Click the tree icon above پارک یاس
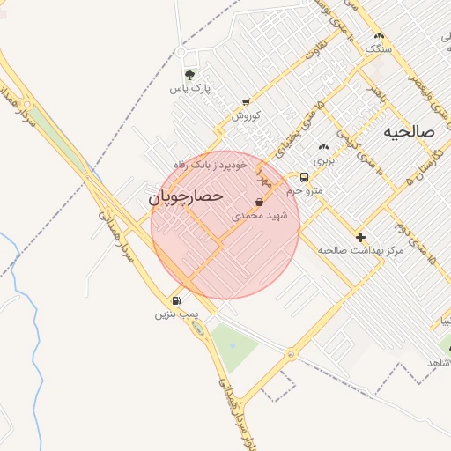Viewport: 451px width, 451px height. [x=191, y=74]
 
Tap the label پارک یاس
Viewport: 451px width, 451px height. [x=191, y=88]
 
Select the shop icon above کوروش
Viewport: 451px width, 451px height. [x=245, y=102]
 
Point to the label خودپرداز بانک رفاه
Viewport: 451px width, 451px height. [x=216, y=165]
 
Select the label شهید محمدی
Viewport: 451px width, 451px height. [x=261, y=215]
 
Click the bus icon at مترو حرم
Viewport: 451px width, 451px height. [x=305, y=177]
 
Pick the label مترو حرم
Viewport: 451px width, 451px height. [x=306, y=190]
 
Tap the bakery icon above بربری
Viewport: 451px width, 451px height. [x=325, y=147]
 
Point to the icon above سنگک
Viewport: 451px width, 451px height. [x=379, y=35]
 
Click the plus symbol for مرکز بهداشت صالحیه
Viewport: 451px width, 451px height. [x=360, y=237]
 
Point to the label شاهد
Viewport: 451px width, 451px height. [x=439, y=363]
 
